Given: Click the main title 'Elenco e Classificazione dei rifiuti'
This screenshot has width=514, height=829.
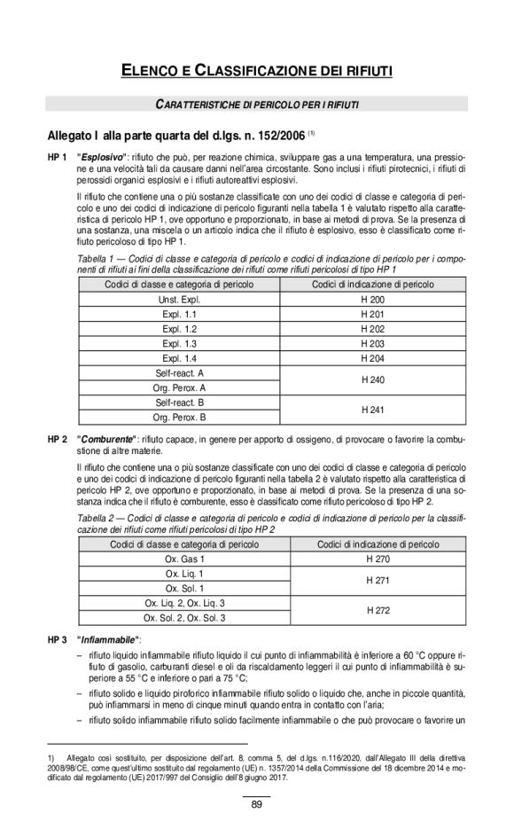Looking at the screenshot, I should (x=257, y=67).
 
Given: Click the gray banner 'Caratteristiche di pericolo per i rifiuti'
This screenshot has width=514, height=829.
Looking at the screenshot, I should (x=257, y=105).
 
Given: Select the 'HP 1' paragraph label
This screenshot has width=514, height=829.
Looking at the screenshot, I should (x=58, y=156).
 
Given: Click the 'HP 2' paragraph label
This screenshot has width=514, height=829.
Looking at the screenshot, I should (x=58, y=439).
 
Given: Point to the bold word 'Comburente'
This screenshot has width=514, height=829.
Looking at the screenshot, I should (x=107, y=439).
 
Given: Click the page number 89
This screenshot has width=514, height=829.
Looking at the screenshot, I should (x=257, y=804).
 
